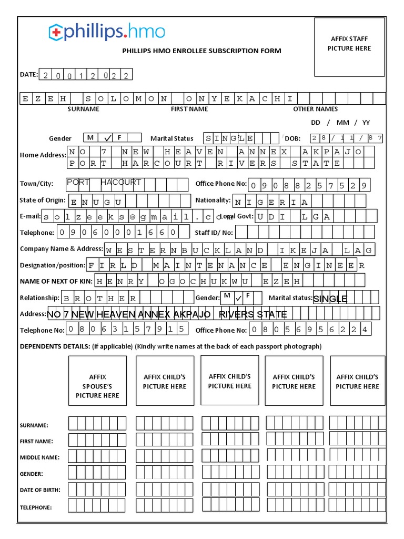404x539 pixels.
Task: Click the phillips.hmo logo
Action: click(107, 32)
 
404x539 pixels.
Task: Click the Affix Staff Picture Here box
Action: click(349, 47)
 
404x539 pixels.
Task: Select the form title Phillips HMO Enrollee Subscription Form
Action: click(201, 51)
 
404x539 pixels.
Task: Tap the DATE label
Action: click(29, 75)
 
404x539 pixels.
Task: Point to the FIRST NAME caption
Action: click(189, 109)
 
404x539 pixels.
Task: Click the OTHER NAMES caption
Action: click(315, 109)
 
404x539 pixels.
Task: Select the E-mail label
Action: click(30, 216)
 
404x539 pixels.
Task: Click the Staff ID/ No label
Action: click(214, 232)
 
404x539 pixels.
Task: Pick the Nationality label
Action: click(213, 201)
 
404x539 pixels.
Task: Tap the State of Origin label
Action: click(43, 200)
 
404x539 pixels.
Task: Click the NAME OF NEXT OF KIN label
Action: click(56, 281)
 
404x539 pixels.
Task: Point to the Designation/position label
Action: click(52, 265)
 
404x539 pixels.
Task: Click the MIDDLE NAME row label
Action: click(39, 457)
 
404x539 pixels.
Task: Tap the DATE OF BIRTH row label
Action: click(40, 490)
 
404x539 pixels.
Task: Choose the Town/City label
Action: click(36, 184)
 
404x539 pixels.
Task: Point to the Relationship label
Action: click(39, 298)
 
